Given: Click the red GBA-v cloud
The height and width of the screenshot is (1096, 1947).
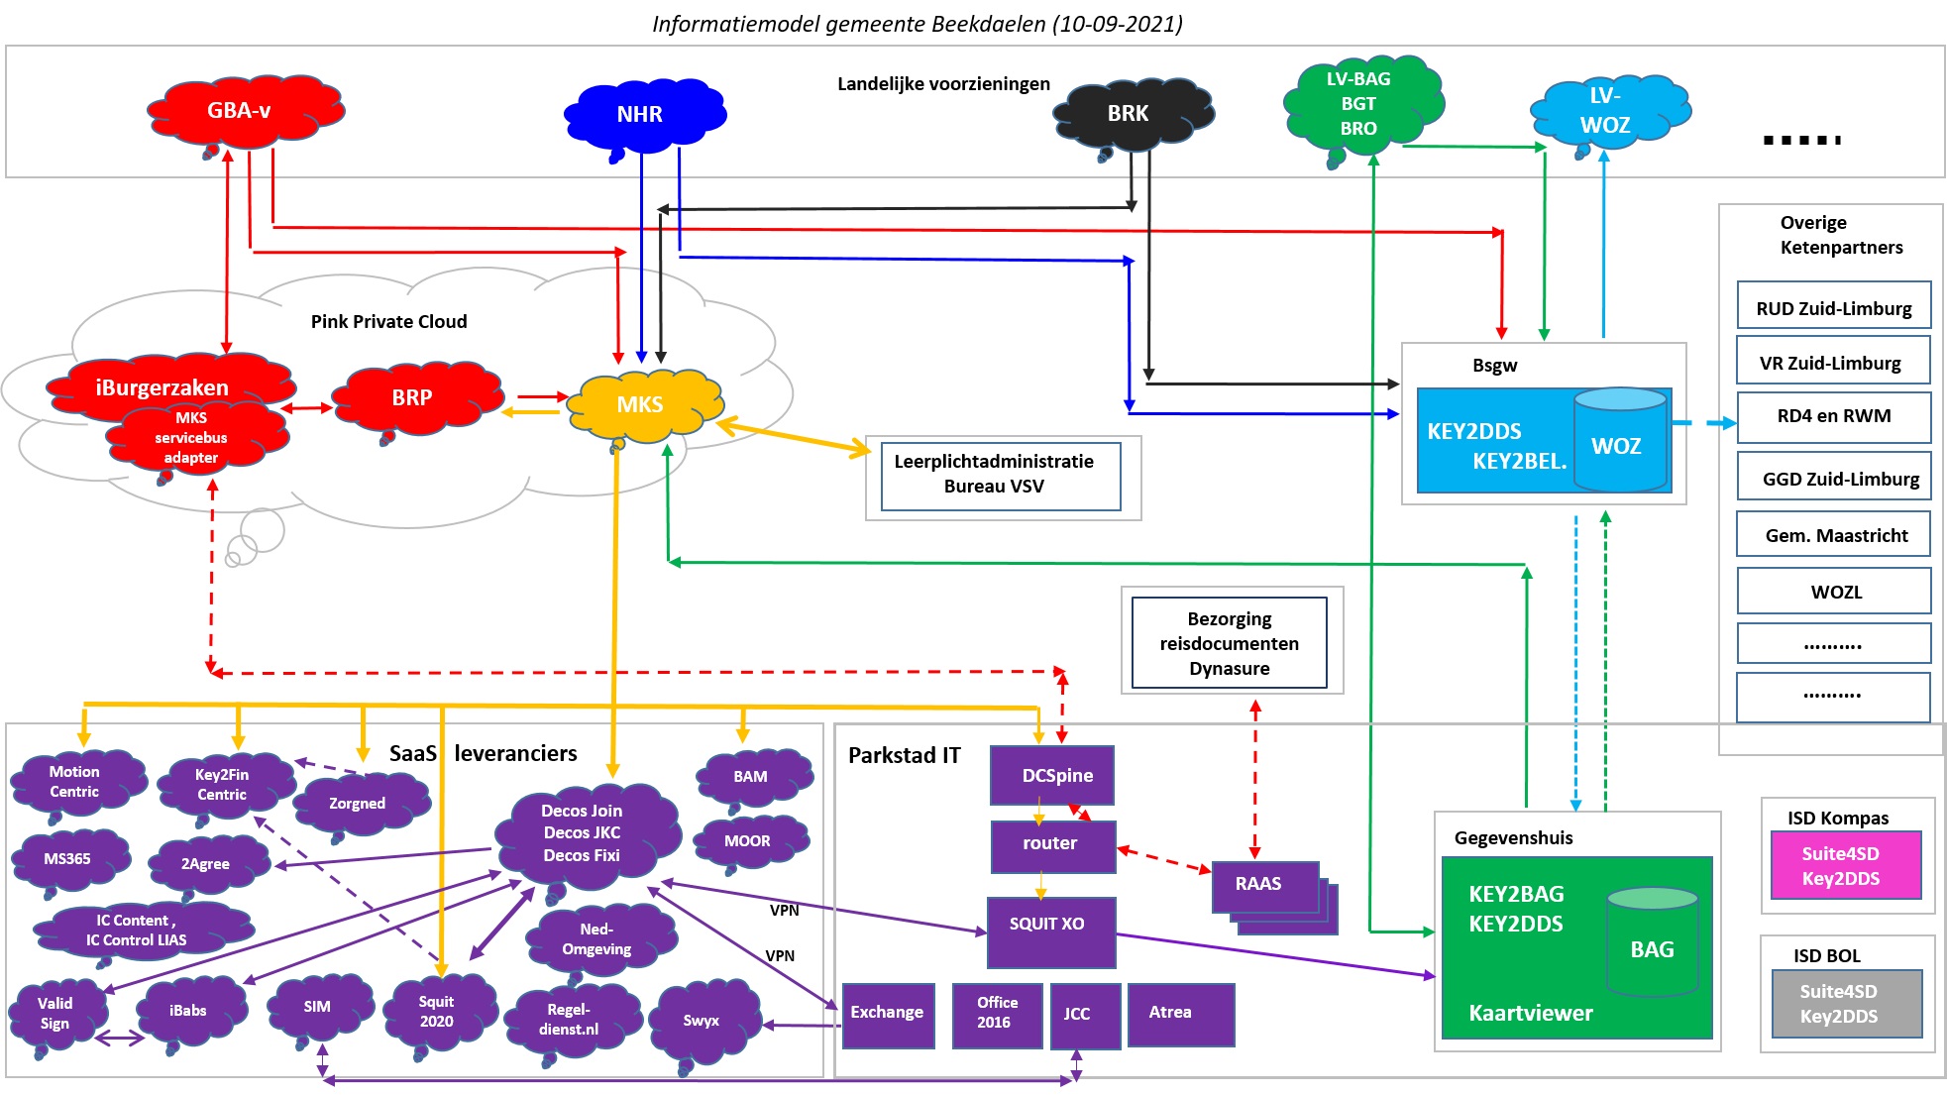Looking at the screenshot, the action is (244, 111).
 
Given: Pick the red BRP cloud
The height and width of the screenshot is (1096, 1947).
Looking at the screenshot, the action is (417, 398).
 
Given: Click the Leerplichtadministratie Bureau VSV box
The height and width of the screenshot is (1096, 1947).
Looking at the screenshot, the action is (1001, 476).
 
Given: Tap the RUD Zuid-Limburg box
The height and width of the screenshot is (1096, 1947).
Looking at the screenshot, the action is (1833, 305).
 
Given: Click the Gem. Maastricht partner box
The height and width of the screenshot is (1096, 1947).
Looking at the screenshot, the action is (1833, 533).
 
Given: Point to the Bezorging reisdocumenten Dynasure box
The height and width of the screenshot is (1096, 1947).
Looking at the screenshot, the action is (1229, 642).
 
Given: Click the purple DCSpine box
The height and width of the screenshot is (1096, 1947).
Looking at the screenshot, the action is (1052, 775).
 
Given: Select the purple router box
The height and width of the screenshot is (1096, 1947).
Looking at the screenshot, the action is (1053, 845).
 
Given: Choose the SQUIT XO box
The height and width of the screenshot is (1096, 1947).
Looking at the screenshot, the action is (1051, 932).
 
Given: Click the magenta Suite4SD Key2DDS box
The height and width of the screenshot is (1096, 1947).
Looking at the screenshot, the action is (1846, 865).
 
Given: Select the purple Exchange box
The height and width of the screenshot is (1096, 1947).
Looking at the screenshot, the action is (888, 1015).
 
